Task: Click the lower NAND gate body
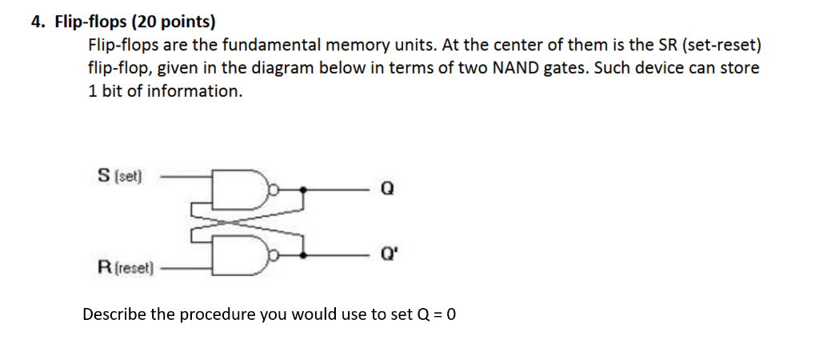(240, 255)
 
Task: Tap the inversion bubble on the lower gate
(273, 255)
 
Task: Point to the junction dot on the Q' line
(303, 255)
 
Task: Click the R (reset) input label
(126, 268)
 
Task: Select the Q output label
(387, 189)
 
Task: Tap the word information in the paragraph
(194, 91)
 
